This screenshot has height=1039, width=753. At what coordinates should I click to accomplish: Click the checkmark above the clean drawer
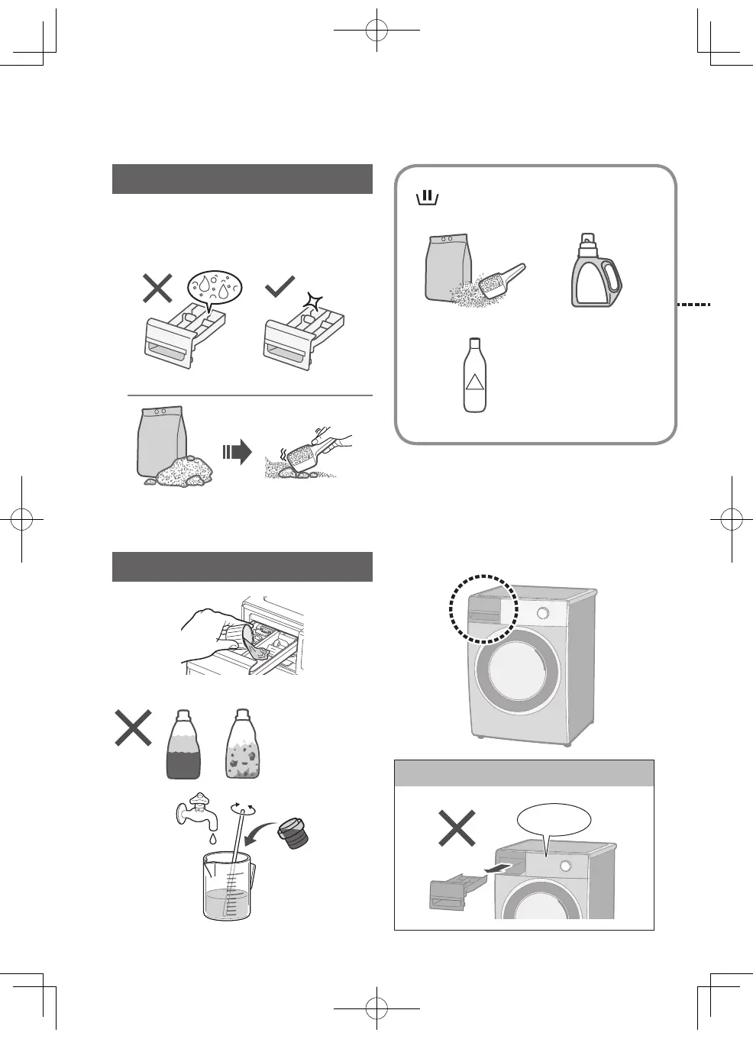coord(280,287)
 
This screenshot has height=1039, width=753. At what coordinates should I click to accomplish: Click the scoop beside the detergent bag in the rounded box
coord(503,280)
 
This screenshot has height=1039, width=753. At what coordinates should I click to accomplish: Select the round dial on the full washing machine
coord(543,613)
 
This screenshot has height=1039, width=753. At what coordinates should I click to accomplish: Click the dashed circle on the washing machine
coord(483,608)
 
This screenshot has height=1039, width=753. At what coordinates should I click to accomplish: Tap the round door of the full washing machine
coord(513,670)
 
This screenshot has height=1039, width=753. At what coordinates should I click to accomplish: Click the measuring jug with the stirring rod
coord(228,886)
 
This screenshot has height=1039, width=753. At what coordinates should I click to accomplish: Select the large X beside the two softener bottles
coord(133,728)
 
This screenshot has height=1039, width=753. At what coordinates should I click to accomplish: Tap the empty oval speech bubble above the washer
coord(554,819)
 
